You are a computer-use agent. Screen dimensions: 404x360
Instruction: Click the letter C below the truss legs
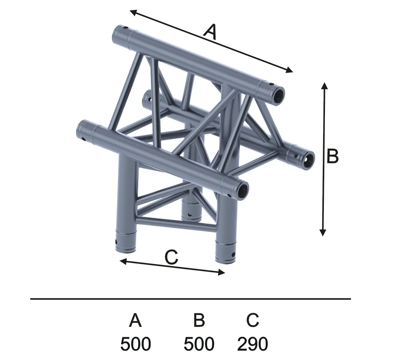pos(171,257)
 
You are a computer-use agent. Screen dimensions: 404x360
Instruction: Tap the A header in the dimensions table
pos(135,320)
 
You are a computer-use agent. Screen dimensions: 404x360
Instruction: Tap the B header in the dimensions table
pos(199,320)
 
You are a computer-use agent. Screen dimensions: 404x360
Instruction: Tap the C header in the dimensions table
pos(252,320)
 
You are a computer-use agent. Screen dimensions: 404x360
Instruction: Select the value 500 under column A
pos(135,344)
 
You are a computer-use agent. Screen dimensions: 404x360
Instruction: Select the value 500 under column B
pos(199,344)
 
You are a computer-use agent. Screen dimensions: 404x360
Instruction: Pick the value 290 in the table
pos(252,344)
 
